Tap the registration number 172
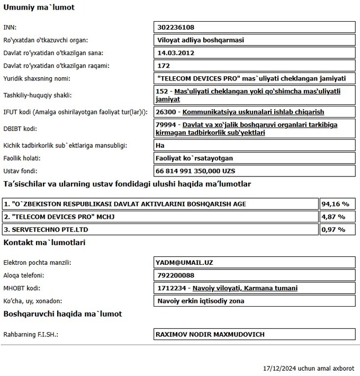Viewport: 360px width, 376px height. pos(163,66)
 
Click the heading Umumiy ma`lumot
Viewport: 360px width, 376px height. pos(39,7)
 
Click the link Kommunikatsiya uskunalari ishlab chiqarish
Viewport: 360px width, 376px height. pos(253,112)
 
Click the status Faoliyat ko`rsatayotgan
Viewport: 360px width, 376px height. pos(195,158)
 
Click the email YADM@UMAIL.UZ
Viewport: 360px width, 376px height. pos(184,263)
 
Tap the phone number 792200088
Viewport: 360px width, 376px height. pos(176,275)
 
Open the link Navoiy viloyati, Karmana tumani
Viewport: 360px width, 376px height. pos(245,288)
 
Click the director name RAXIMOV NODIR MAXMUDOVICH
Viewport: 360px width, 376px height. pos(210,334)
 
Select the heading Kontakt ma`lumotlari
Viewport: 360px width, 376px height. pos(44,243)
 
